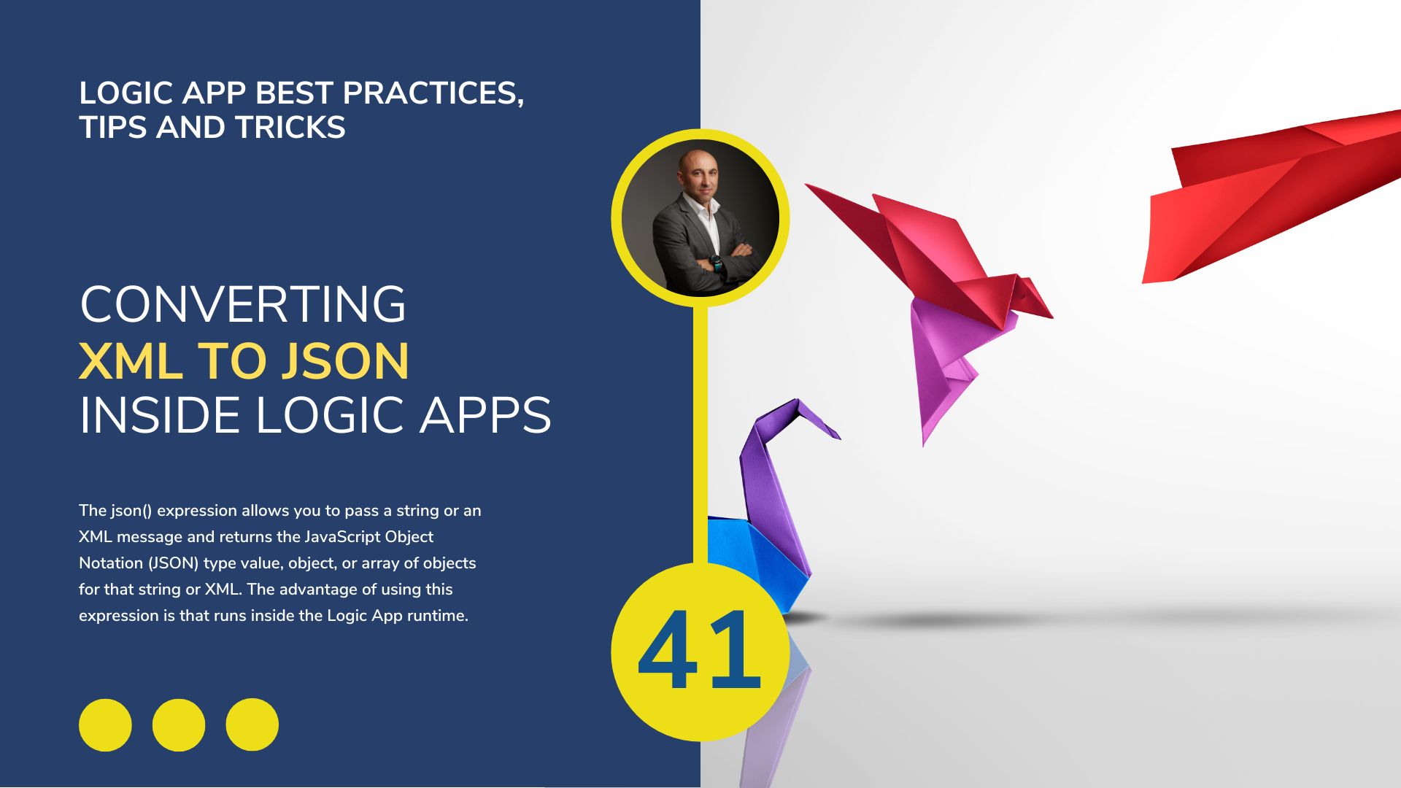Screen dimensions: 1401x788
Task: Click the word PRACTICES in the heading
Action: (433, 93)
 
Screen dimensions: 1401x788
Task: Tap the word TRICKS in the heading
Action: (290, 128)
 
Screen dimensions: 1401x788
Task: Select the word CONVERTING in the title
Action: (242, 304)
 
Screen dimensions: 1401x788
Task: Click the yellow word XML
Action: (131, 360)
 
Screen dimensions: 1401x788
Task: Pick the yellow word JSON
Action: (345, 360)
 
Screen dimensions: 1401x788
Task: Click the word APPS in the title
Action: (485, 416)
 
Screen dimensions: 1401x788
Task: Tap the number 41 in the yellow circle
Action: (700, 650)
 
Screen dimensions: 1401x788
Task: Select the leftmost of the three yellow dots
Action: (105, 725)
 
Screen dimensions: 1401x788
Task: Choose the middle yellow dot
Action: (179, 725)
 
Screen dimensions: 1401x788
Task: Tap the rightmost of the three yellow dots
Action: (252, 725)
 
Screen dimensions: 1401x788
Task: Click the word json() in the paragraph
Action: (131, 511)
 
